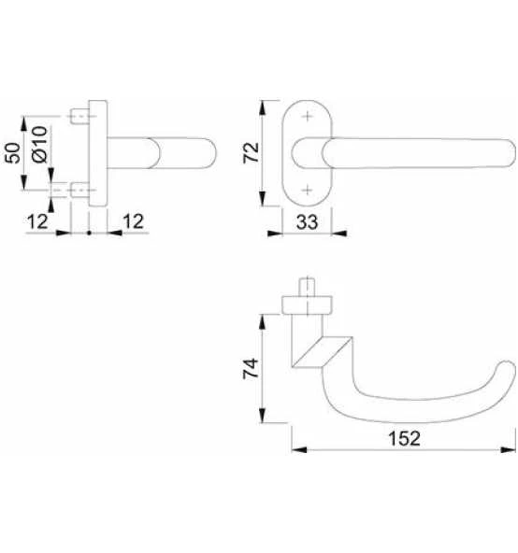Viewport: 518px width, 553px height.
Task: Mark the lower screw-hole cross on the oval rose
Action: pos(307,189)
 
